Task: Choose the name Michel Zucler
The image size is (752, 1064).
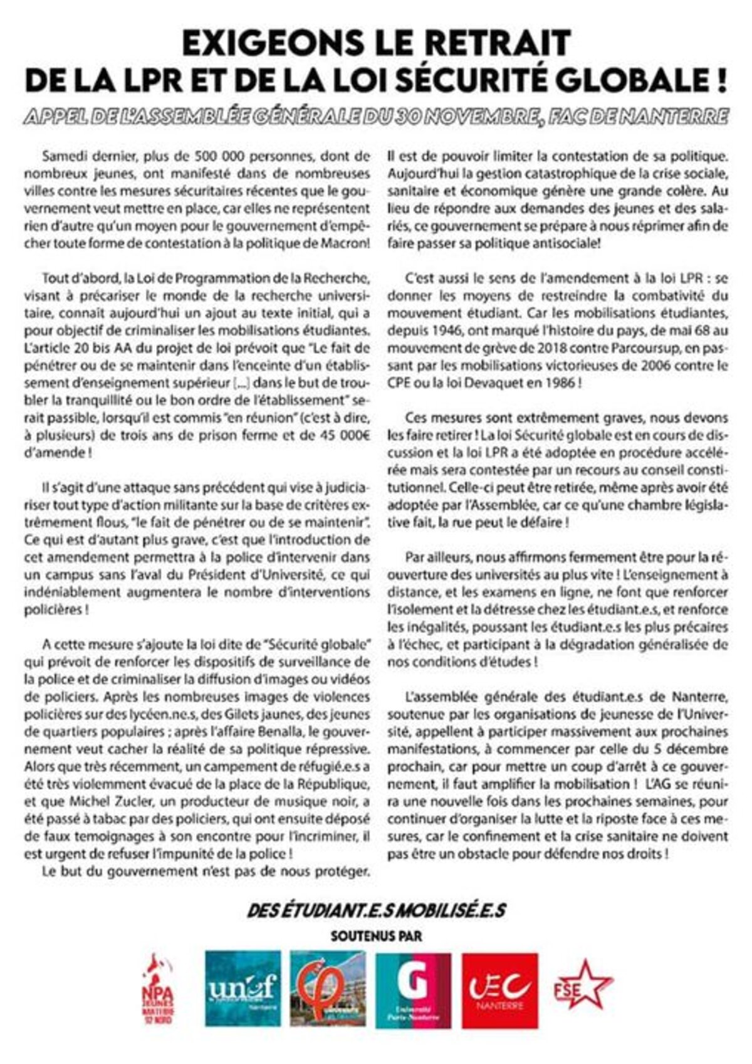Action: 100,802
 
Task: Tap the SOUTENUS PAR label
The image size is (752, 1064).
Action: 376,935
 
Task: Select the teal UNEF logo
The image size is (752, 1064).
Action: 243,989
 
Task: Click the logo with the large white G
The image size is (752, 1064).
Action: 414,989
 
